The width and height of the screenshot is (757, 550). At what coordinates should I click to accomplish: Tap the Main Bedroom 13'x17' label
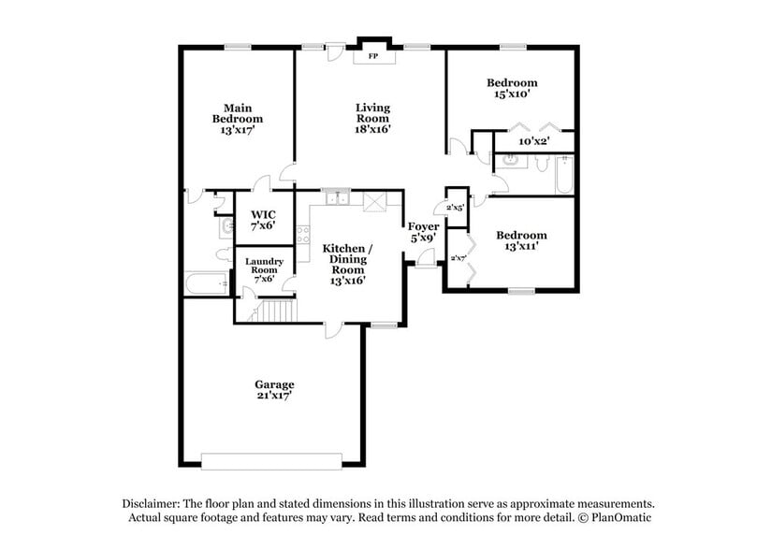coord(237,119)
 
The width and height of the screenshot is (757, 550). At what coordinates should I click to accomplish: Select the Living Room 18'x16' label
coord(371,119)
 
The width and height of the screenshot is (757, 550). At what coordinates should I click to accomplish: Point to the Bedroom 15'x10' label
coord(512,88)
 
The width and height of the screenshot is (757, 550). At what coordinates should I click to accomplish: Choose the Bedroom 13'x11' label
coord(520,240)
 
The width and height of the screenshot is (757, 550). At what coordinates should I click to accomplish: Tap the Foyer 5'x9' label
coord(423,232)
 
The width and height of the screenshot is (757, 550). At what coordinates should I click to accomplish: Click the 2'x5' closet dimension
coord(456,207)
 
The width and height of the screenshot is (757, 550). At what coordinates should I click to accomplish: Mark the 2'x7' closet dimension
coord(459,258)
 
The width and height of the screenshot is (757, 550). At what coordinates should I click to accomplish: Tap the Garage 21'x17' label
coord(274,390)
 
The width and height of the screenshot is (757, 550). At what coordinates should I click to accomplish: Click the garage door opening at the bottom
coord(271,460)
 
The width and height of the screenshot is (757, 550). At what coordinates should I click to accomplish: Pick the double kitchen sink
coord(335,197)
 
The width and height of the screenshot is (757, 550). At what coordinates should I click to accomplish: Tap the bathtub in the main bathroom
coord(207,284)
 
